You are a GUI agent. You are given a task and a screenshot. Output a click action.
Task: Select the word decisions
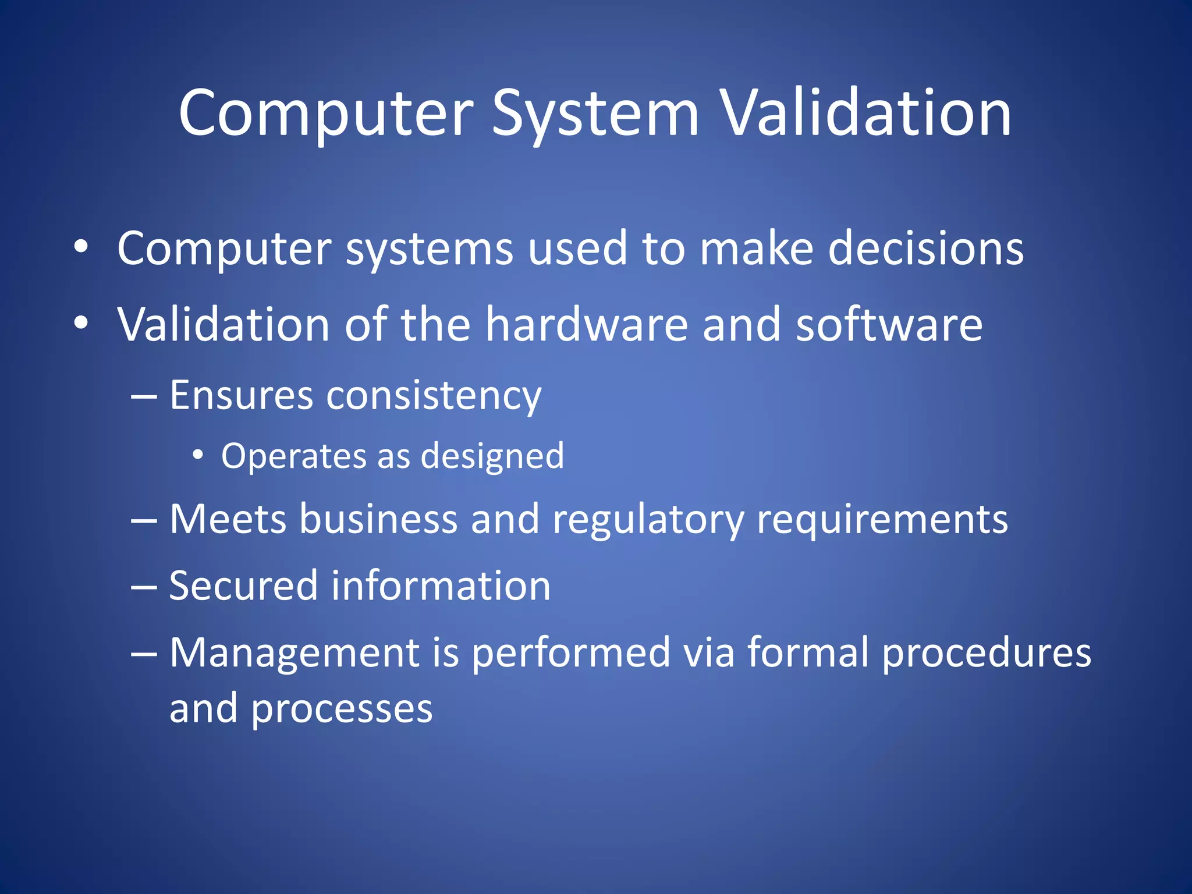[925, 249]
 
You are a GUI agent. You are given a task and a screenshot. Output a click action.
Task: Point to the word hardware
[587, 324]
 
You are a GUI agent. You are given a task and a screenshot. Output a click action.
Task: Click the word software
[889, 324]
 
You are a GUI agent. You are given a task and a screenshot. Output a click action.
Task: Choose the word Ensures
[242, 395]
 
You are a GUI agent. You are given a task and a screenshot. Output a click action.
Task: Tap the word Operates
[293, 456]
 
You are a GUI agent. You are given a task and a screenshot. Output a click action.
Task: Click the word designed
[492, 457]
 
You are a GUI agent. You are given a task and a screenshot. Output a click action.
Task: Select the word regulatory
[648, 520]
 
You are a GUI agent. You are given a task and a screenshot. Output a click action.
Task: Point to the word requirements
[882, 520]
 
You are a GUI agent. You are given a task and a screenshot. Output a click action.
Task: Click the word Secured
[244, 586]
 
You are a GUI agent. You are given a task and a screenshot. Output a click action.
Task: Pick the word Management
[295, 653]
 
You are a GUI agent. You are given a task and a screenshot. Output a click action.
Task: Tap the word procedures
[986, 653]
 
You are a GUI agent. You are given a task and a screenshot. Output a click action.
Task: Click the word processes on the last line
[342, 709]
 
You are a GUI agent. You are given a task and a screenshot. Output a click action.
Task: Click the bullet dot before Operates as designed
[198, 455]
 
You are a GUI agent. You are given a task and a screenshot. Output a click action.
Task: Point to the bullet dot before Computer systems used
[81, 247]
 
